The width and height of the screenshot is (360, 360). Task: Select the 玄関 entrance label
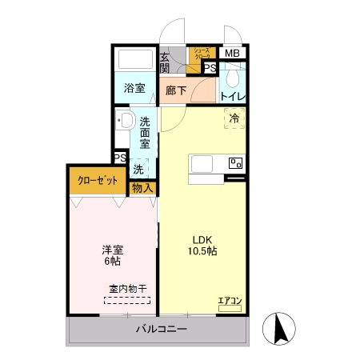tap(164, 62)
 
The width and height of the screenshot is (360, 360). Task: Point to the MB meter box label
tap(232, 54)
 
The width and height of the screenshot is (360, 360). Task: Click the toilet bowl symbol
tap(233, 78)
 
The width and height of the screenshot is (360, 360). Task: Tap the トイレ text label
tap(233, 98)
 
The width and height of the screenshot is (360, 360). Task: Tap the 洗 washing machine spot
tap(138, 170)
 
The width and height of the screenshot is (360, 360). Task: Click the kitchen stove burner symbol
tap(235, 163)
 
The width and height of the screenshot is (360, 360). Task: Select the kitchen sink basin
tap(201, 163)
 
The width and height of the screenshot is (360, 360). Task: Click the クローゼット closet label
tap(96, 180)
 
